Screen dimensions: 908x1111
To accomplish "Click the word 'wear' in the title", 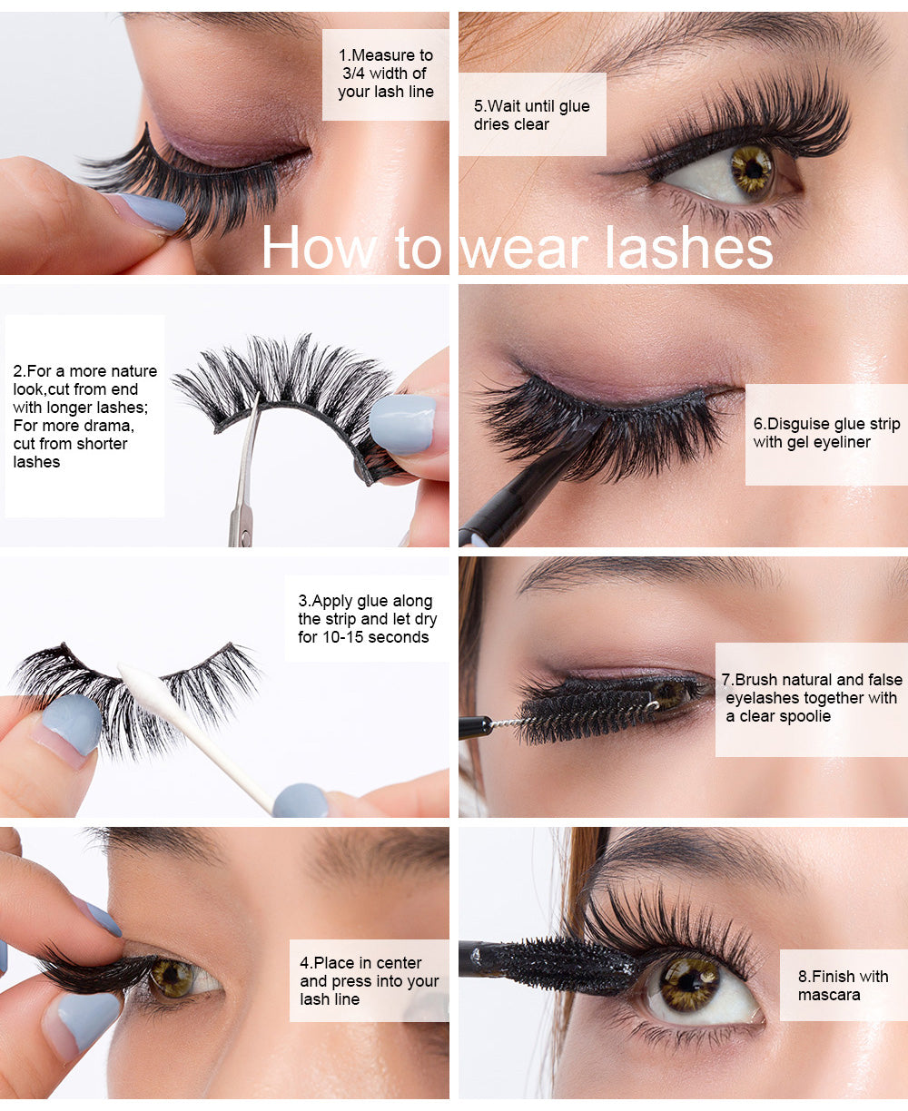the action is [525, 249].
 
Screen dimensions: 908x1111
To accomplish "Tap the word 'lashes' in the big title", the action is [689, 247].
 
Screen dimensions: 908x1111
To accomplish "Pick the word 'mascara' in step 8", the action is [829, 995].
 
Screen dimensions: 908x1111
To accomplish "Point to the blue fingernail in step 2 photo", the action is [402, 424].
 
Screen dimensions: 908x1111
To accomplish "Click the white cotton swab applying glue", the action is [195, 737].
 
